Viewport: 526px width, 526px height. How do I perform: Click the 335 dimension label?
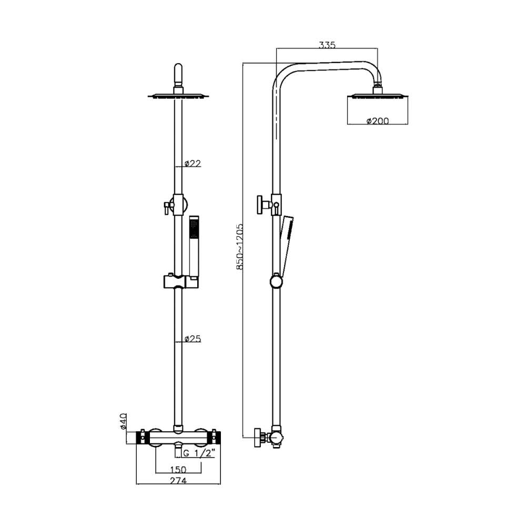click(x=327, y=45)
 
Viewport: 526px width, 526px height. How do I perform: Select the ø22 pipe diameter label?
click(x=193, y=164)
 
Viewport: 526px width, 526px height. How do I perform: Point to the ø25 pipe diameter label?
click(x=193, y=340)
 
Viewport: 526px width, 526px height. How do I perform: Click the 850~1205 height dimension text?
click(x=239, y=247)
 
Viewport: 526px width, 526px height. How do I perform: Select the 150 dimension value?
click(x=178, y=469)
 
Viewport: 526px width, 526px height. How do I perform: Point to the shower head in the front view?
click(x=178, y=96)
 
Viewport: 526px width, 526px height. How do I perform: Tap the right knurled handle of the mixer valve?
click(x=216, y=438)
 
